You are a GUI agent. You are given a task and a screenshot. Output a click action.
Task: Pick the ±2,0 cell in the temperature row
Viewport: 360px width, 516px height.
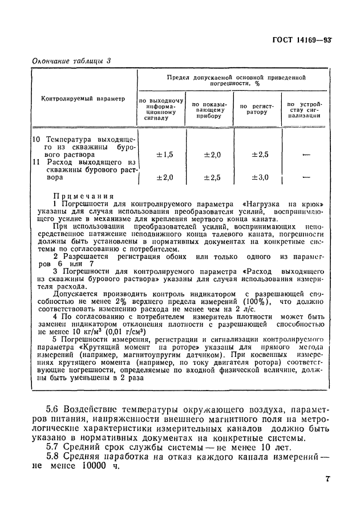212,155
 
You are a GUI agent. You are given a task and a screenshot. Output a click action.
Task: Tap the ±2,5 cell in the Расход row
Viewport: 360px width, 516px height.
212,177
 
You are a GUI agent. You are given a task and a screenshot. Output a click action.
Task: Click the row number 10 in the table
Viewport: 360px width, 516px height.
36,139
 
